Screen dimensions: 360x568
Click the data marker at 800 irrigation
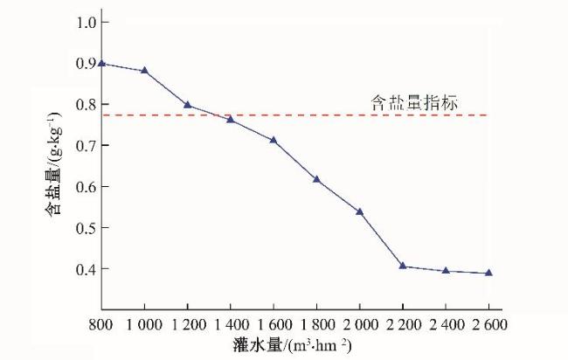pos(102,63)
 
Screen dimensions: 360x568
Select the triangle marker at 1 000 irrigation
pos(144,70)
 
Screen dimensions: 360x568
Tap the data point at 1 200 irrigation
pos(187,104)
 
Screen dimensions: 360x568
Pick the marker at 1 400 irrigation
pos(230,119)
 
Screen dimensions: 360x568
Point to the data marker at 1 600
pos(274,140)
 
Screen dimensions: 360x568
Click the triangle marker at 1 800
pos(316,179)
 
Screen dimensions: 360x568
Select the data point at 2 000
pos(359,211)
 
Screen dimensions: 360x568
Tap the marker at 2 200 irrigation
pos(403,266)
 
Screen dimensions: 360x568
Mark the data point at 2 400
pos(446,270)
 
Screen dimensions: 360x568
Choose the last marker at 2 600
pos(488,273)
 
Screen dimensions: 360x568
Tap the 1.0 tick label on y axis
pos(85,22)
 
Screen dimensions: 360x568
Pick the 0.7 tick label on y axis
pos(85,145)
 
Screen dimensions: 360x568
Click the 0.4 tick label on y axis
pos(85,269)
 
